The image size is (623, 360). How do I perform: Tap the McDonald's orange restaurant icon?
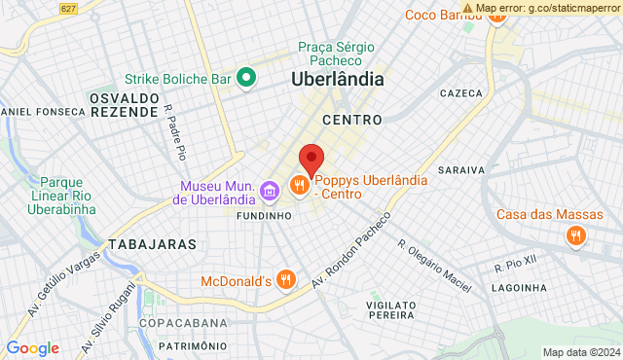point(285,280)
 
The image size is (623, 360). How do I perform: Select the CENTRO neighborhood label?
point(344,120)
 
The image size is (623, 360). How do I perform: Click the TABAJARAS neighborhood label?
point(153,243)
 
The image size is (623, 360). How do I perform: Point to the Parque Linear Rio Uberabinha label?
point(69,195)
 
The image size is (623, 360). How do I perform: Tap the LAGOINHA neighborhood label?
point(519,287)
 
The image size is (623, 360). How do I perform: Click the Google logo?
point(32,348)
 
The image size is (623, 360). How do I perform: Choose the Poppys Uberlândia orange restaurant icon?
point(299,184)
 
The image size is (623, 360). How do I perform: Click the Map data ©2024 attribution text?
point(581,352)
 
